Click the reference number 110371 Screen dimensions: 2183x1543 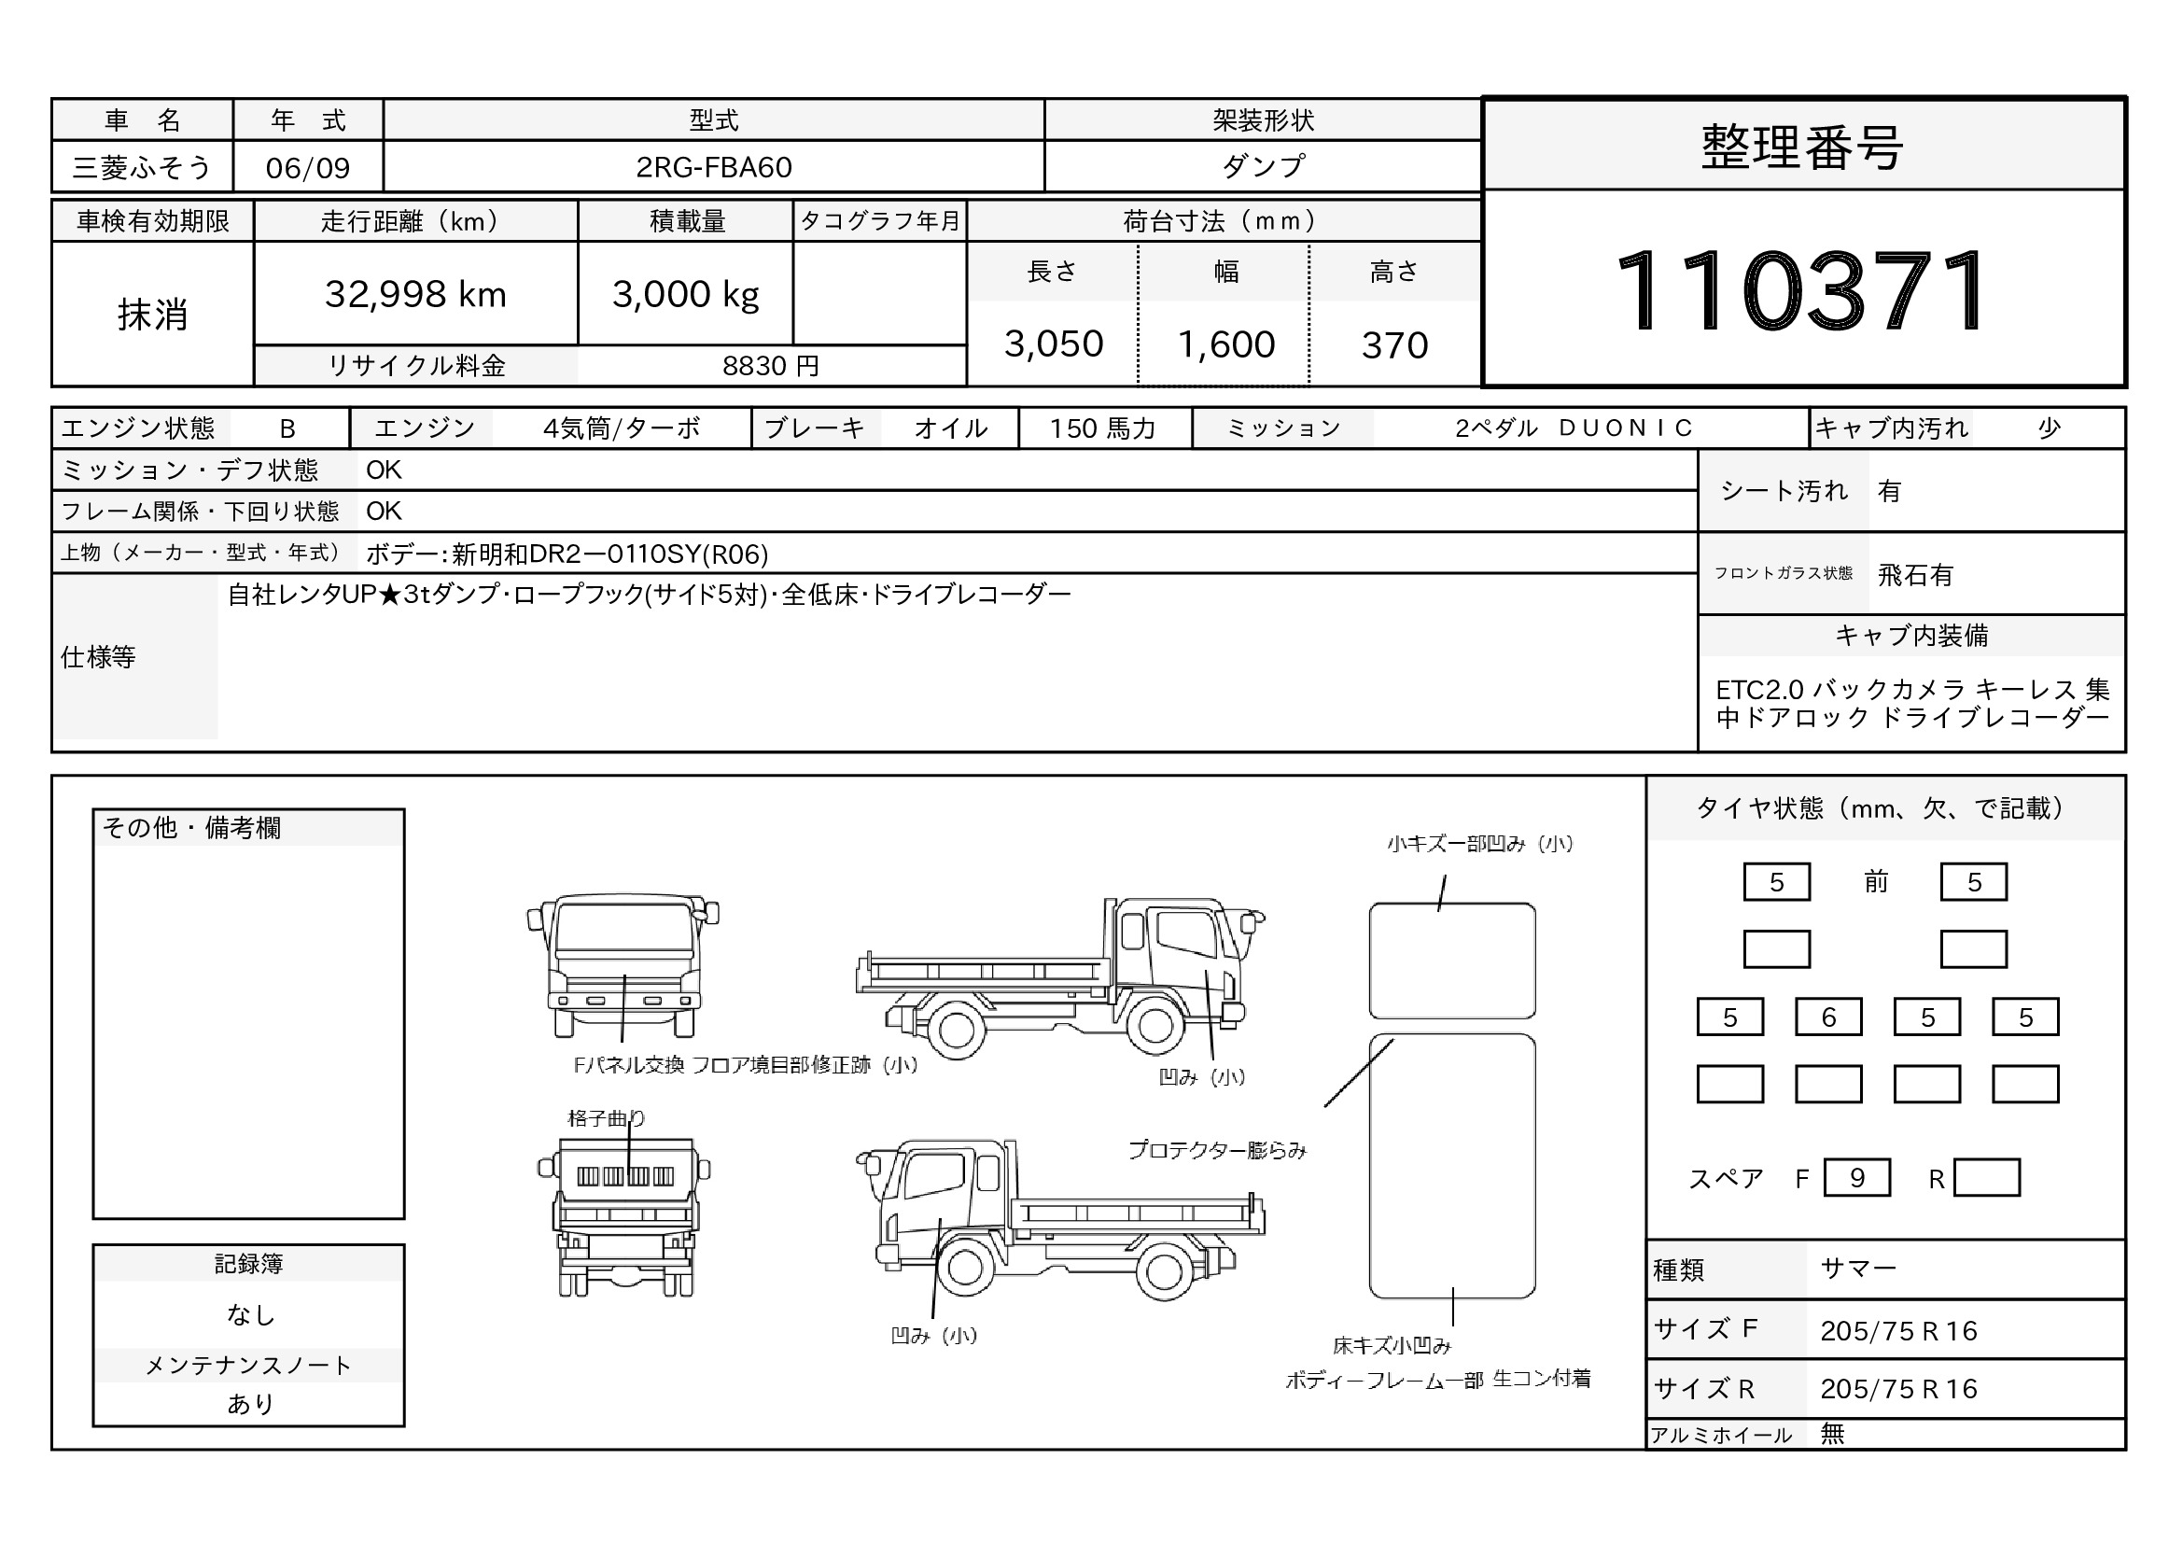pyautogui.click(x=1801, y=291)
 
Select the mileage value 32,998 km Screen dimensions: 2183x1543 pyautogui.click(x=415, y=295)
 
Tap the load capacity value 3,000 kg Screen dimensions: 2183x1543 pyautogui.click(x=686, y=295)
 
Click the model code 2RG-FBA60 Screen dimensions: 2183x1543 pyautogui.click(x=714, y=167)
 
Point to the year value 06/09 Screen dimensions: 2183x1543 pyautogui.click(x=308, y=168)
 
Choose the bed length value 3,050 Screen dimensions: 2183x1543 pyautogui.click(x=1054, y=344)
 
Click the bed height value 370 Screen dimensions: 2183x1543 pyautogui.click(x=1394, y=345)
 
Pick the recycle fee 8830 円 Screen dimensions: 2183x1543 pyautogui.click(x=771, y=366)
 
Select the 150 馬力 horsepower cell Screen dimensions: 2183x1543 pyautogui.click(x=1103, y=428)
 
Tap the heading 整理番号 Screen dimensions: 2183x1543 pyautogui.click(x=1801, y=147)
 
